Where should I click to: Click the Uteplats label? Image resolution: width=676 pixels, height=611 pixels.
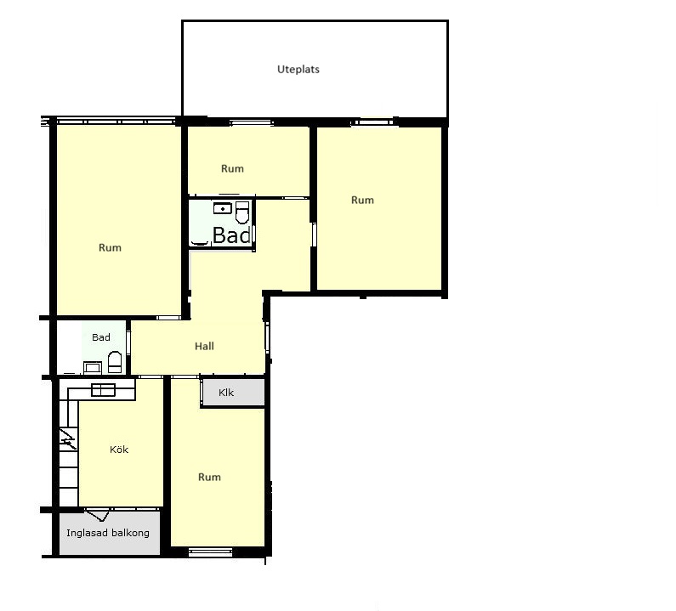pyautogui.click(x=298, y=70)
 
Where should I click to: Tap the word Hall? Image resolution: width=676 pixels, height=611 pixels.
pyautogui.click(x=204, y=346)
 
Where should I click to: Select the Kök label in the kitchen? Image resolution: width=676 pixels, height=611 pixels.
pyautogui.click(x=119, y=450)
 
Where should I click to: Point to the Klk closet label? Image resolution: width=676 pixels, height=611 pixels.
pyautogui.click(x=226, y=393)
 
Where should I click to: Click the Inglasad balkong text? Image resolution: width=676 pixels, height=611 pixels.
pyautogui.click(x=108, y=533)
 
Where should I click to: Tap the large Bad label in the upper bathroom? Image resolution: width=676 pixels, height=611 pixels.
pyautogui.click(x=231, y=235)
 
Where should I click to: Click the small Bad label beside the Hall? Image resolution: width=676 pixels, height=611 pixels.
pyautogui.click(x=101, y=337)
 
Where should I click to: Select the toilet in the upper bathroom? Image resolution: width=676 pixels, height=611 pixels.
pyautogui.click(x=242, y=212)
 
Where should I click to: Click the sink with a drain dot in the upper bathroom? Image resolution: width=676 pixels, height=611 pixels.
pyautogui.click(x=223, y=208)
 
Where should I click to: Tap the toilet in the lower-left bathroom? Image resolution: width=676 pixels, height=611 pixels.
pyautogui.click(x=115, y=362)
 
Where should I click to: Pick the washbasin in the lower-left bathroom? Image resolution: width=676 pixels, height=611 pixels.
pyautogui.click(x=93, y=367)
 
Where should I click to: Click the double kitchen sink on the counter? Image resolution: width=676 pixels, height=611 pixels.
pyautogui.click(x=103, y=390)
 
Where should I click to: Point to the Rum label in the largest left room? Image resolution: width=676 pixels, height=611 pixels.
pyautogui.click(x=110, y=248)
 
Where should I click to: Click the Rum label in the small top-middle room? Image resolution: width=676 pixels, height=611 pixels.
pyautogui.click(x=232, y=168)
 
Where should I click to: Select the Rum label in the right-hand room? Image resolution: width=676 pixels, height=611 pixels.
pyautogui.click(x=362, y=200)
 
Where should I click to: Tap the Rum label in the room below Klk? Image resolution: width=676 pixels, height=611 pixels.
pyautogui.click(x=209, y=477)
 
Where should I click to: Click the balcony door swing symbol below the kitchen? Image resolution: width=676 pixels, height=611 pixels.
pyautogui.click(x=98, y=514)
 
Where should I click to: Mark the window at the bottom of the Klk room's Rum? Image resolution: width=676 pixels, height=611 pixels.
pyautogui.click(x=210, y=552)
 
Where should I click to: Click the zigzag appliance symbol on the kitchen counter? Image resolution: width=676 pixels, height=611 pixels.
pyautogui.click(x=67, y=439)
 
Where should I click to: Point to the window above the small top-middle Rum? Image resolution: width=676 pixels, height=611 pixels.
pyautogui.click(x=252, y=123)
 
